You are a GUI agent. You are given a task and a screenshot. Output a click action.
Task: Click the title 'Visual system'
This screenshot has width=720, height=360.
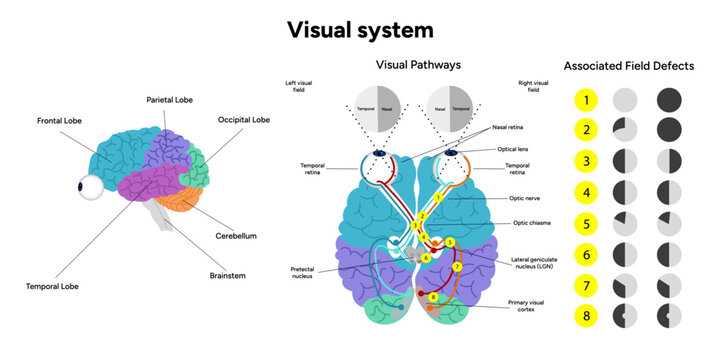tap(359, 28)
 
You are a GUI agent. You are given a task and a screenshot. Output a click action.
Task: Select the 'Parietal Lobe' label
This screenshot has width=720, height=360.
tap(170, 100)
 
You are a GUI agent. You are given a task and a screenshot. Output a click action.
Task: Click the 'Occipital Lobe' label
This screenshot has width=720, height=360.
tap(244, 120)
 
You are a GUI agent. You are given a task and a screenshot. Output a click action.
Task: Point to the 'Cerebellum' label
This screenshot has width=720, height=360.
tap(238, 237)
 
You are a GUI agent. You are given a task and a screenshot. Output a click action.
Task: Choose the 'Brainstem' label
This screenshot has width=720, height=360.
tap(228, 273)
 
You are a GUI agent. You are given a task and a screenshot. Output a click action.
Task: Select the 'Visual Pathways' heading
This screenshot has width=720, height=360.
tap(418, 65)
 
